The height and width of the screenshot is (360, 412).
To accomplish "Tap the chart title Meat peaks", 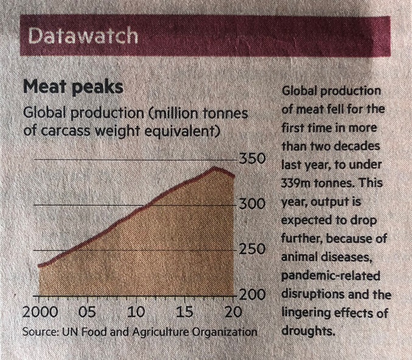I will [x=72, y=88].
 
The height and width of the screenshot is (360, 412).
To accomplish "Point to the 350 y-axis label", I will [x=251, y=159].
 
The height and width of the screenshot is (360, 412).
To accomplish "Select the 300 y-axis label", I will [x=251, y=204].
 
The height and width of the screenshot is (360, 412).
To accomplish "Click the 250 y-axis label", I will [x=251, y=250].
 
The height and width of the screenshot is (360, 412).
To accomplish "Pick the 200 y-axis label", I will [x=251, y=295].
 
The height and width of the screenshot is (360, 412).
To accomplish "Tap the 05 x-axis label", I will [x=87, y=313].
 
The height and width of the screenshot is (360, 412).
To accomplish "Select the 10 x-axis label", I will [x=136, y=313].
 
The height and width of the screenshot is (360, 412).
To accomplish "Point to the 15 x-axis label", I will [x=185, y=313].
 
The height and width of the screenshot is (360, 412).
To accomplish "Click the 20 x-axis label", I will [x=232, y=313].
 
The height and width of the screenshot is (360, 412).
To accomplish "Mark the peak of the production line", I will [x=214, y=167].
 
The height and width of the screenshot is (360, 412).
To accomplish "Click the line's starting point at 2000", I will [x=39, y=266].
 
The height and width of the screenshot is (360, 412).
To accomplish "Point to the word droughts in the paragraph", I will [x=307, y=332].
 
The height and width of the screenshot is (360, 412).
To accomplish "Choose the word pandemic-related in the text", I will [x=330, y=277].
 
